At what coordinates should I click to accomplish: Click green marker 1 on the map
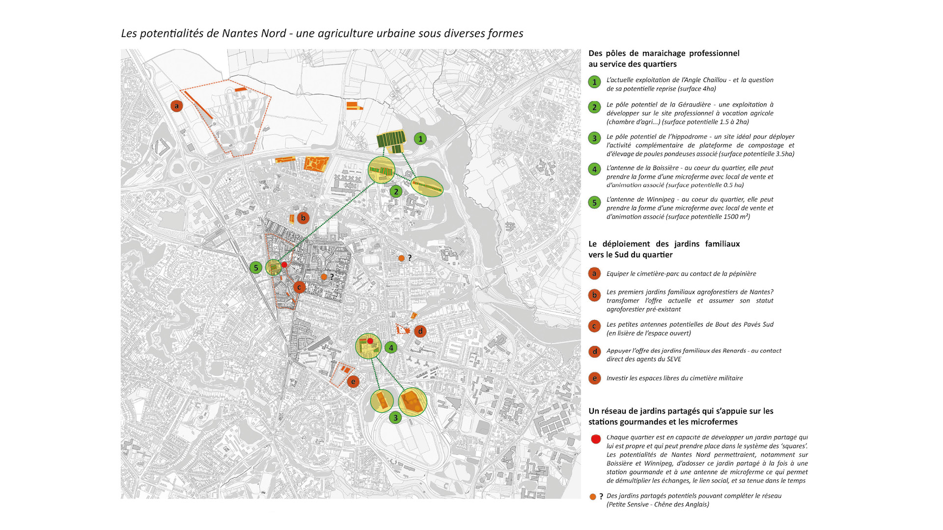[420, 139]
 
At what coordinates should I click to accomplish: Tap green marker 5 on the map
[255, 267]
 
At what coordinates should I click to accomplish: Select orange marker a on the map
[176, 106]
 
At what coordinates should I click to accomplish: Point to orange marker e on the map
[353, 381]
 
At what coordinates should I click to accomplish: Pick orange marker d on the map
[420, 331]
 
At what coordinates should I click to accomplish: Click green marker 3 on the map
[395, 418]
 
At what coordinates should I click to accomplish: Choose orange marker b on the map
[303, 218]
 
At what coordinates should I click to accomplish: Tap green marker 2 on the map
[396, 191]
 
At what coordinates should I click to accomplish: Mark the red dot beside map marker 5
[284, 265]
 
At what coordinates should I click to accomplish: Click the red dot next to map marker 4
[370, 341]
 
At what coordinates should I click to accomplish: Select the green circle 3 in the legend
[594, 138]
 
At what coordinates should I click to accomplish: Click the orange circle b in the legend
[594, 295]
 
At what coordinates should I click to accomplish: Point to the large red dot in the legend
[596, 439]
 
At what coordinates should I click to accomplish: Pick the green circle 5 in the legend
[594, 202]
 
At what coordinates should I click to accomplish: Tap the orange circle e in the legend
[594, 378]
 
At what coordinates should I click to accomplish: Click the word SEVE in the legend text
[674, 359]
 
